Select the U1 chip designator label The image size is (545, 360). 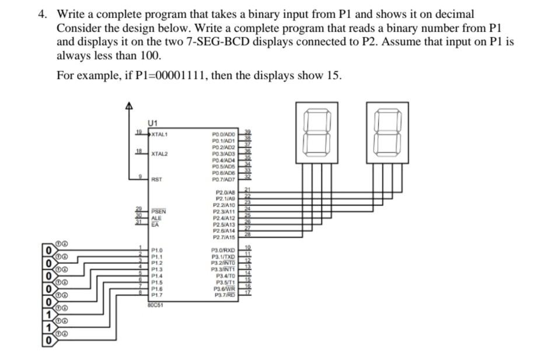[x=153, y=123]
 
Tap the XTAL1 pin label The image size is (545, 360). [x=159, y=134]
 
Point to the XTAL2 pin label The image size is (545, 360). [x=159, y=153]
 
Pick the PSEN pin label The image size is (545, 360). [x=159, y=211]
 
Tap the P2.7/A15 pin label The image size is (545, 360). [x=224, y=237]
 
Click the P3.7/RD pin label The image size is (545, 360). [x=224, y=295]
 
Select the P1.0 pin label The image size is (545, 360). [x=156, y=250]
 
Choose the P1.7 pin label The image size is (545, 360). [x=156, y=295]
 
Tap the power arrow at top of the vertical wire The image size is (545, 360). [x=130, y=106]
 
